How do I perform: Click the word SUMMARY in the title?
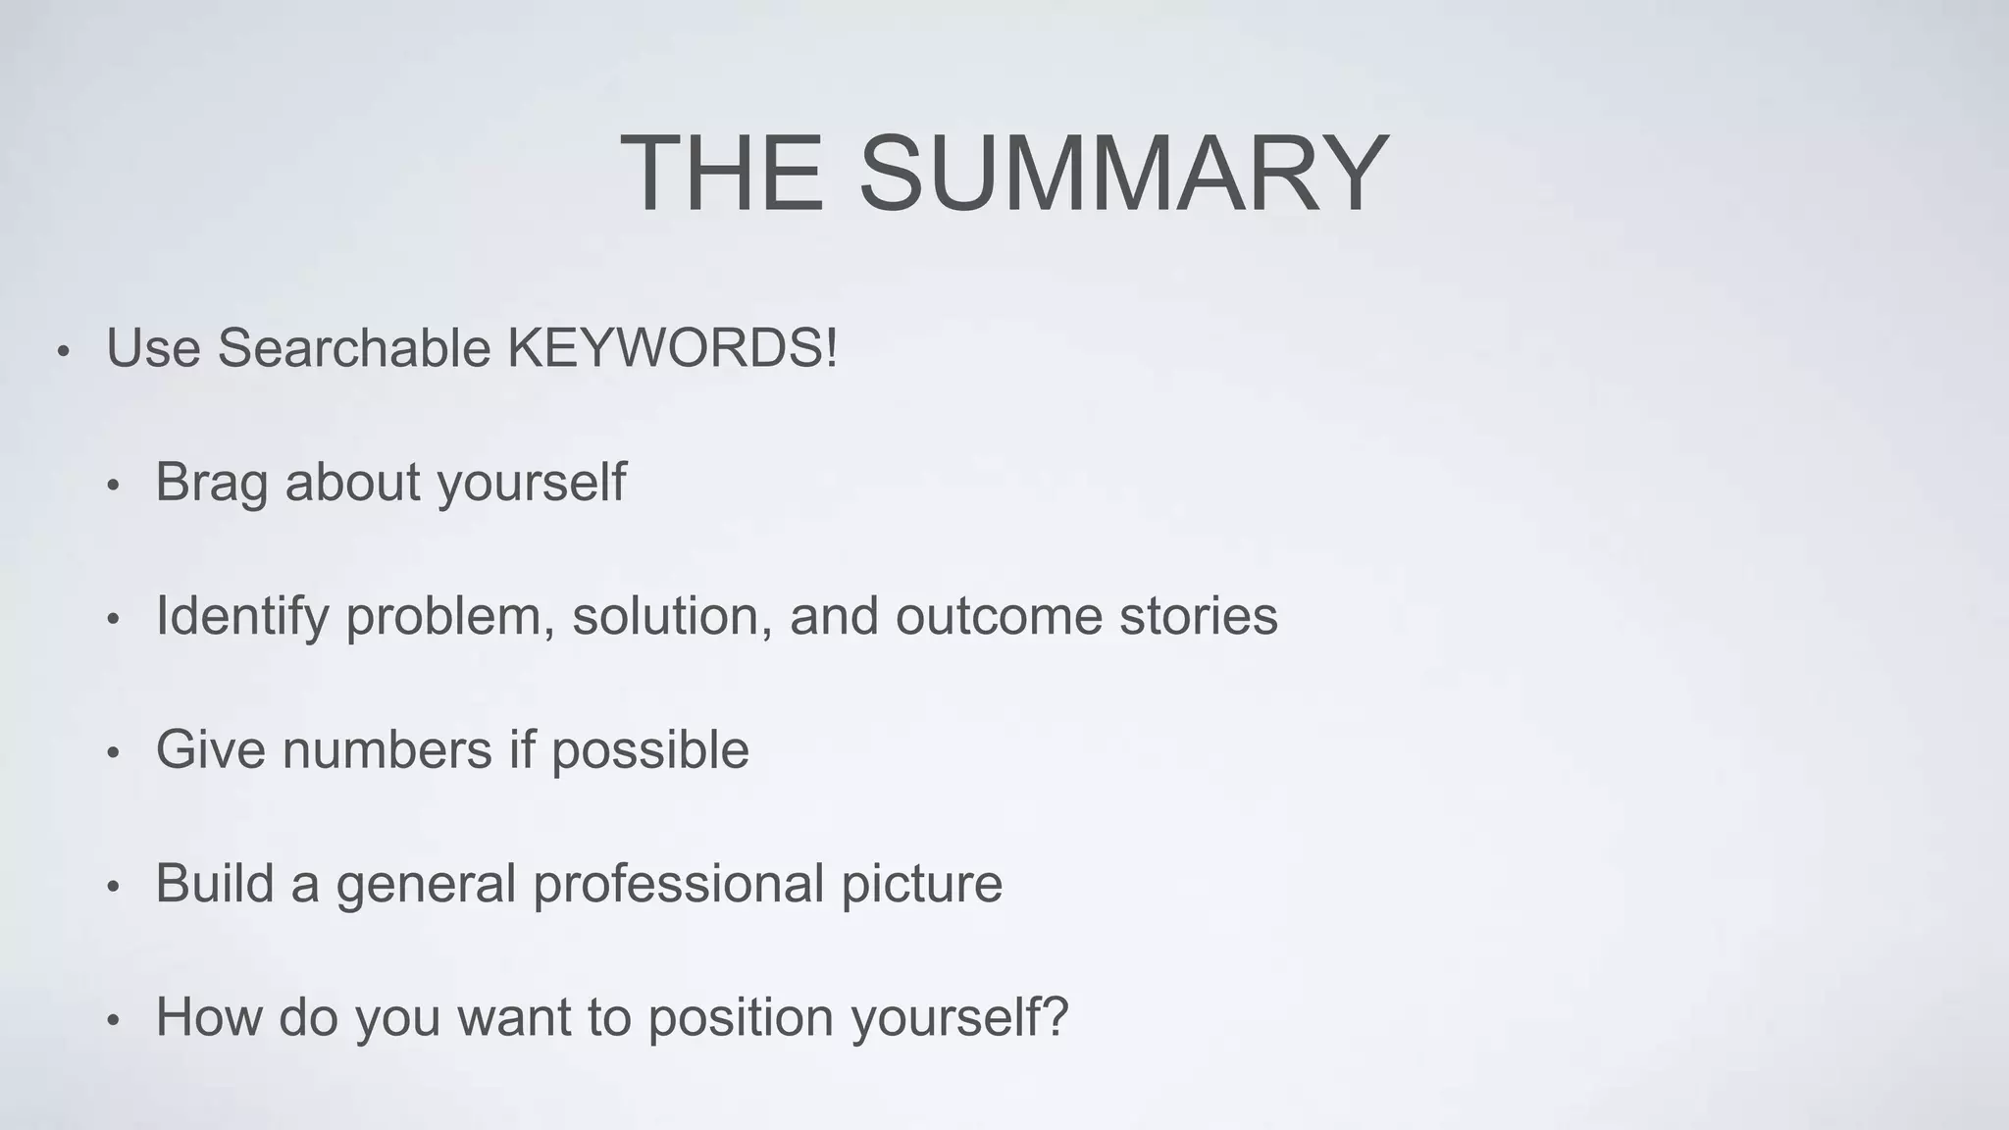coord(1123,174)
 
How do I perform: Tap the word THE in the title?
coord(722,174)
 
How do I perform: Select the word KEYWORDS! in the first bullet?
coord(672,348)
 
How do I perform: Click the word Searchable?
coord(353,348)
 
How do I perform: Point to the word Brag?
coord(211,483)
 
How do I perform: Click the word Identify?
coord(241,616)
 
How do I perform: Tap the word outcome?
coord(999,616)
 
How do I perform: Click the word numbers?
coord(386,750)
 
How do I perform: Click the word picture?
coord(921,884)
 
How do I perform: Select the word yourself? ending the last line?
coord(959,1018)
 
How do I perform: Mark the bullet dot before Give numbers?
coord(113,753)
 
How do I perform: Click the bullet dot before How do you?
coord(113,1021)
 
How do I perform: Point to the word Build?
coord(213,884)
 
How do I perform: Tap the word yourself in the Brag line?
coord(531,483)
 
